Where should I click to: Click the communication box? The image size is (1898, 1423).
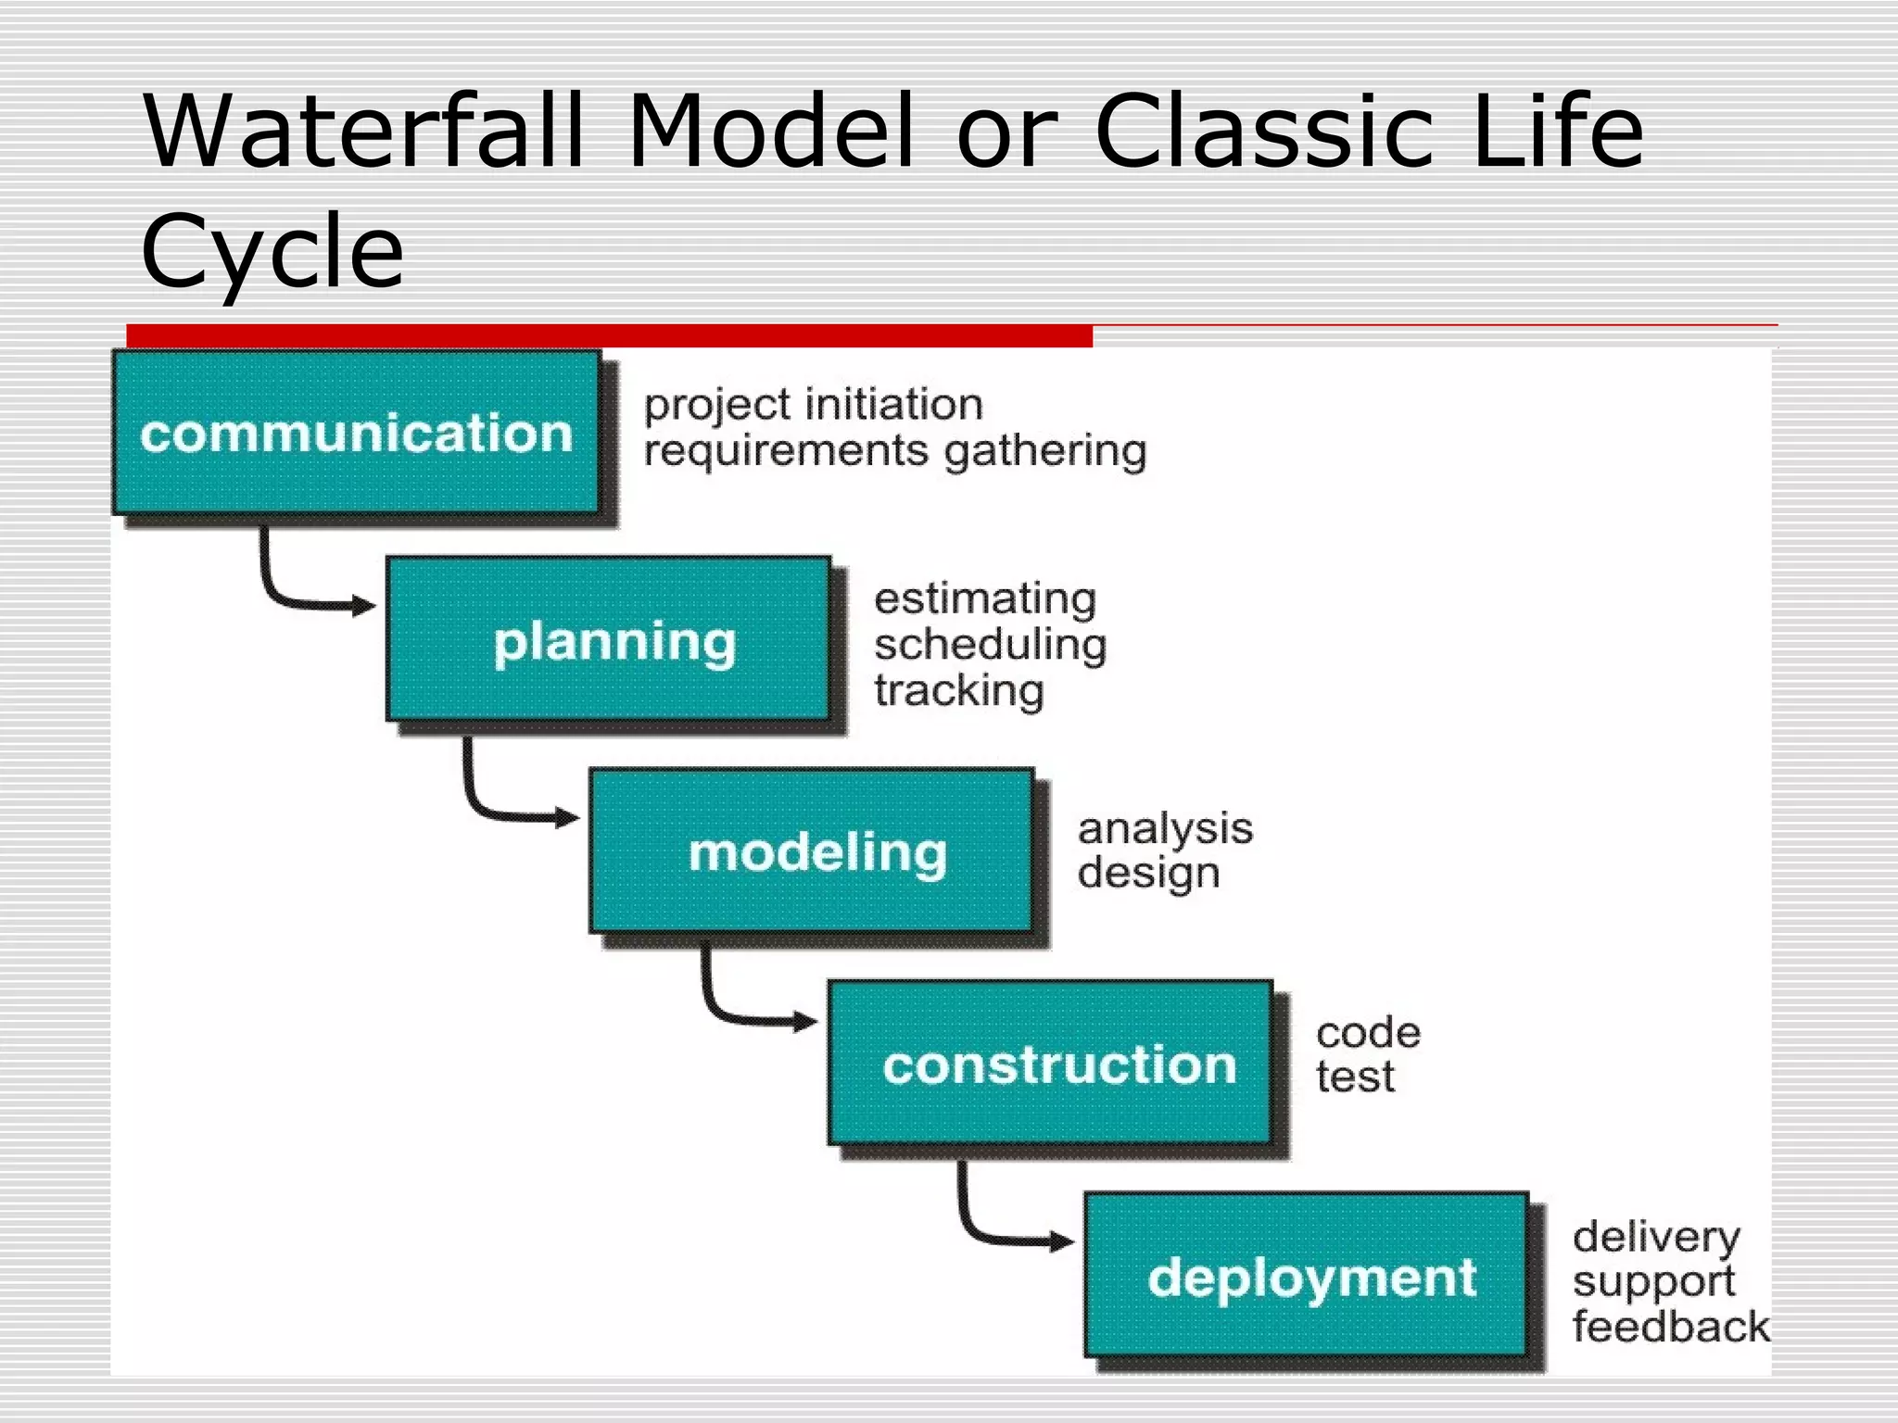(356, 432)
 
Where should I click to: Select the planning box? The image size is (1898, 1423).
(609, 639)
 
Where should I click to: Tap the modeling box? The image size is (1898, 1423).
(812, 850)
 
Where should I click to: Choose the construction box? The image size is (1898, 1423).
(1050, 1063)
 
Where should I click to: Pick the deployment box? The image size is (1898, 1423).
(1306, 1276)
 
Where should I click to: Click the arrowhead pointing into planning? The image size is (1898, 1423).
(365, 607)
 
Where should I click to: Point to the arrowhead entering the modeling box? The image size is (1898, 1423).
(568, 817)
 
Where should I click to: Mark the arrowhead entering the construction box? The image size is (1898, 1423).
(806, 1022)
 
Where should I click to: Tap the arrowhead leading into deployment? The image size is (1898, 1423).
(1063, 1241)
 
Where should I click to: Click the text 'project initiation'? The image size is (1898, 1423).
(813, 405)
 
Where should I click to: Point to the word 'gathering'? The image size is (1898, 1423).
(1045, 452)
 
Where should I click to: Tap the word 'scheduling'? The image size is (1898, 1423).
(990, 645)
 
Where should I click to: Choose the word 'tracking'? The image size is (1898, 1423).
(958, 691)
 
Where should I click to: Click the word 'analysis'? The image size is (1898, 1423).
(1164, 828)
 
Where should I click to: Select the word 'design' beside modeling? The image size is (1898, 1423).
(1147, 874)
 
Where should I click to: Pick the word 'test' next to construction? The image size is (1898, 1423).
(1355, 1077)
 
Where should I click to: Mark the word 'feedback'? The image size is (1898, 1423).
(1670, 1327)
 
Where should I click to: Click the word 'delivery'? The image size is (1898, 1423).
(1656, 1237)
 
